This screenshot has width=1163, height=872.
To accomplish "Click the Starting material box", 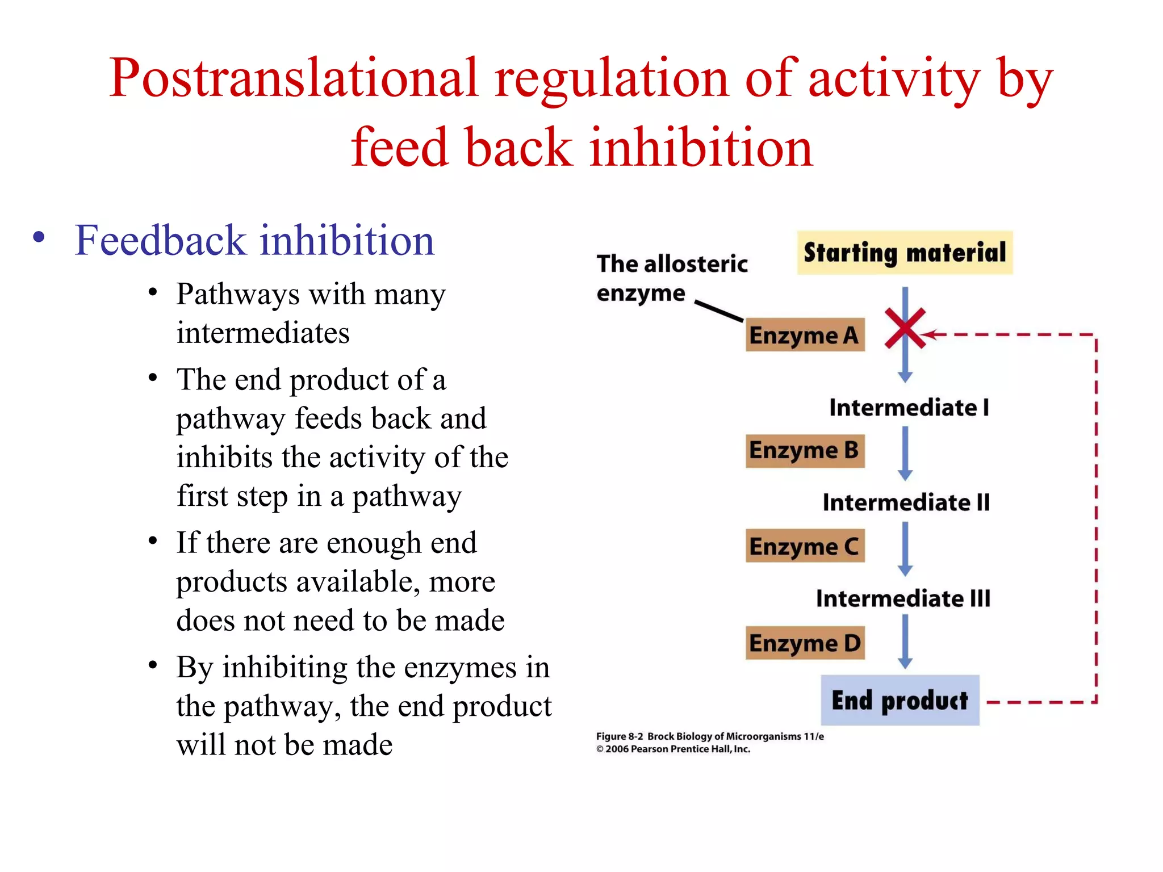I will pyautogui.click(x=905, y=253).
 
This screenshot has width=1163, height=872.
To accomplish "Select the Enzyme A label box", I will pyautogui.click(x=805, y=335).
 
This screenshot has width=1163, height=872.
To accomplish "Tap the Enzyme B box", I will pyautogui.click(x=805, y=451).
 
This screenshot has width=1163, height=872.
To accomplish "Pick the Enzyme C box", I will pyautogui.click(x=805, y=546).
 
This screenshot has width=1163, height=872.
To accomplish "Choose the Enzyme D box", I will pyautogui.click(x=805, y=643).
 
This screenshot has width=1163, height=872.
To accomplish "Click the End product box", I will pyautogui.click(x=900, y=700).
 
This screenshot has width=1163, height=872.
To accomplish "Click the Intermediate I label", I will pyautogui.click(x=909, y=408).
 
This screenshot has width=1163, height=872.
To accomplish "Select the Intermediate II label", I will pyautogui.click(x=906, y=503).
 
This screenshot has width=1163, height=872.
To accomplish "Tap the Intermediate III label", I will pyautogui.click(x=903, y=598).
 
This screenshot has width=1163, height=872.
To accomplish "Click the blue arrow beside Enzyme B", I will pyautogui.click(x=905, y=452).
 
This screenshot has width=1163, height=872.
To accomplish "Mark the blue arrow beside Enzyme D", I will pyautogui.click(x=905, y=642).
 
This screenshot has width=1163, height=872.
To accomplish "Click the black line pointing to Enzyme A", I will pyautogui.click(x=719, y=311).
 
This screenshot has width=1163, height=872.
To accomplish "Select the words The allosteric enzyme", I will pyautogui.click(x=671, y=278).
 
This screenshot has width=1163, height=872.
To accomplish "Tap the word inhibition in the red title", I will pyautogui.click(x=701, y=148).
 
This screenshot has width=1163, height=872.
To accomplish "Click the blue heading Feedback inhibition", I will pyautogui.click(x=254, y=240).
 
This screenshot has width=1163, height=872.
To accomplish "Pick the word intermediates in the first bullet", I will pyautogui.click(x=263, y=333).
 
